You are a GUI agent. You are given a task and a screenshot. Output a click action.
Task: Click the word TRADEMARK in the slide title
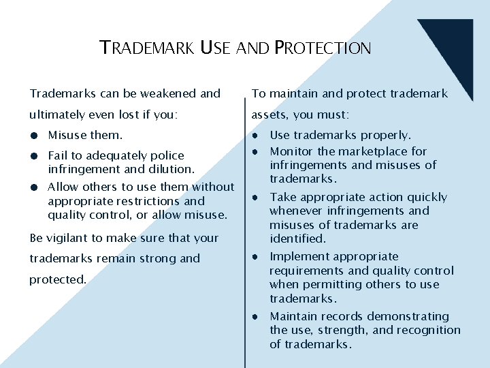coord(147,48)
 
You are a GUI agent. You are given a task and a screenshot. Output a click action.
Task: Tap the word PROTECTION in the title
coord(323,48)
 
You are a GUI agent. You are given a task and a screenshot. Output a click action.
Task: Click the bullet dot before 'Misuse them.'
coord(33,136)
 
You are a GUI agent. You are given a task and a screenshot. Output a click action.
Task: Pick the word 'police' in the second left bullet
coord(167,155)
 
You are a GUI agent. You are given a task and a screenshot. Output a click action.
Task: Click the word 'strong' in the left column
coord(157,258)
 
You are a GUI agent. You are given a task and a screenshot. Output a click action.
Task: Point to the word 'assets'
coord(269,114)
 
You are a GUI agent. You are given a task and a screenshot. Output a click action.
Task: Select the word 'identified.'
coord(298,239)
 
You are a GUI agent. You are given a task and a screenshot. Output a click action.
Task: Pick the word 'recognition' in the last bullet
coord(429,330)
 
